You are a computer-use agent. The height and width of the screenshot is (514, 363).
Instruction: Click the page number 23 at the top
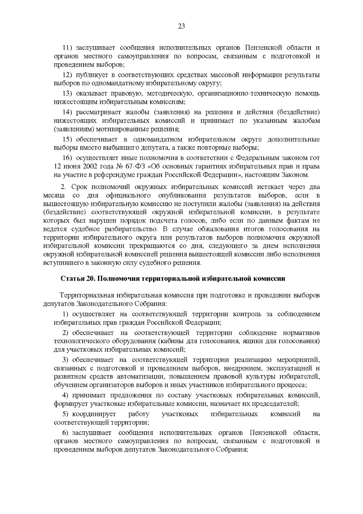point(181,26)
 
